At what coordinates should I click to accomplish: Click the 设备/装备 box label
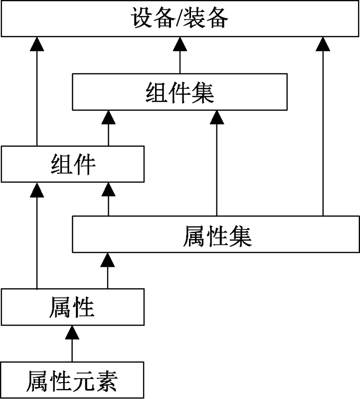pyautogui.click(x=180, y=19)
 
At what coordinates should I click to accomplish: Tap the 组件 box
pyautogui.click(x=73, y=164)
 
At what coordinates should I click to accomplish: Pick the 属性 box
pyautogui.click(x=73, y=306)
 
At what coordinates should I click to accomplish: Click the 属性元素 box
pyautogui.click(x=73, y=381)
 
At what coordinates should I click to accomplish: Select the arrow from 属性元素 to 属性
pyautogui.click(x=73, y=344)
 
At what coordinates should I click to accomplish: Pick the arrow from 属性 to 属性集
pyautogui.click(x=108, y=271)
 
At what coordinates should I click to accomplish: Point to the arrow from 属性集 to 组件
pyautogui.click(x=108, y=199)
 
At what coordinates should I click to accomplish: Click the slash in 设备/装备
pyautogui.click(x=180, y=19)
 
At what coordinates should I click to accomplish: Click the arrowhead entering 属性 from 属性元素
pyautogui.click(x=73, y=331)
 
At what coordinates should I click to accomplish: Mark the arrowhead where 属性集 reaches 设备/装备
pyautogui.click(x=323, y=43)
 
